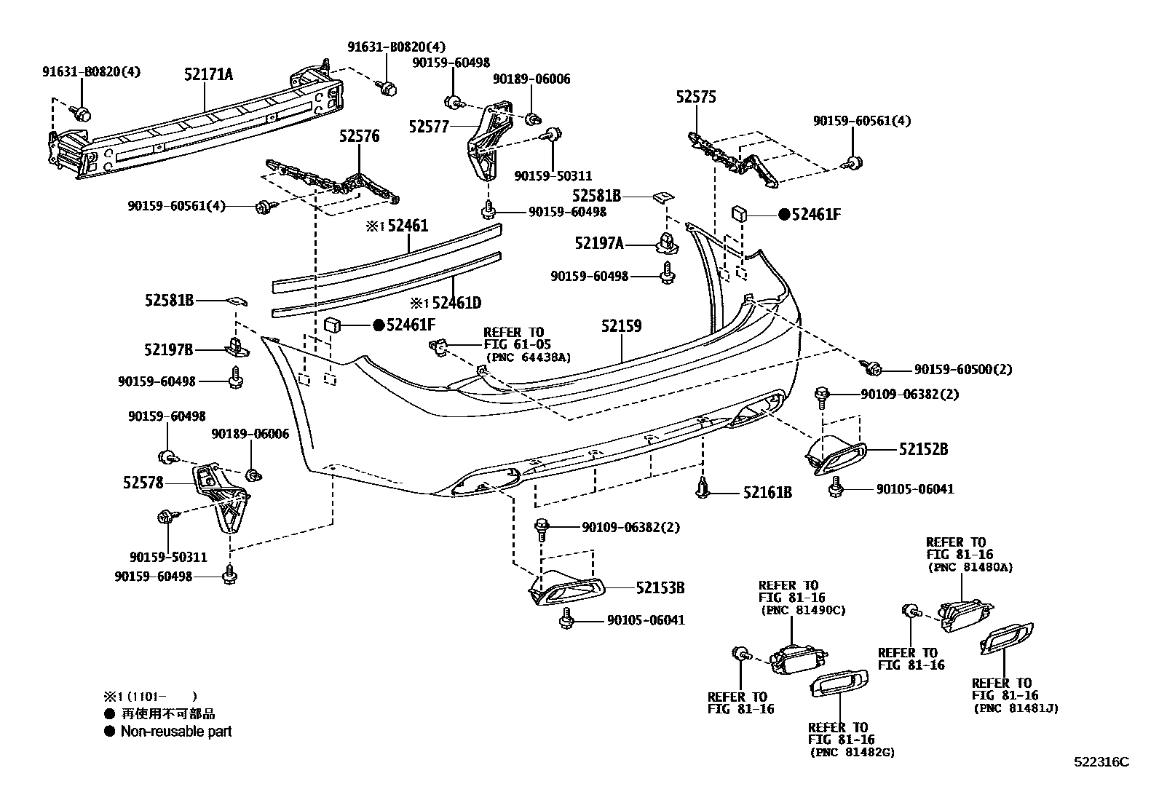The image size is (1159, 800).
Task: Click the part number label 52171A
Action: [x=208, y=74]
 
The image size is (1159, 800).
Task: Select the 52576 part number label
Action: [x=359, y=136]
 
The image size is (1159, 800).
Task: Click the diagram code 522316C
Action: [x=1101, y=762]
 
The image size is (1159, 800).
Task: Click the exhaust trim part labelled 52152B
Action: [x=836, y=454]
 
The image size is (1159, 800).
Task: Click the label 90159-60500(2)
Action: [x=962, y=370]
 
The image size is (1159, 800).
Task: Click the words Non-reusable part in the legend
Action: [x=175, y=731]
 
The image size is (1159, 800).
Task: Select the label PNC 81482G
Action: [x=851, y=752]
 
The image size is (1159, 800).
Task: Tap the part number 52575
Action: [x=695, y=97]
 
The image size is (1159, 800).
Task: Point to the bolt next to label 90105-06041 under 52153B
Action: [x=564, y=620]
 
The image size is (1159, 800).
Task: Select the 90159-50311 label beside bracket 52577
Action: [x=553, y=176]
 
